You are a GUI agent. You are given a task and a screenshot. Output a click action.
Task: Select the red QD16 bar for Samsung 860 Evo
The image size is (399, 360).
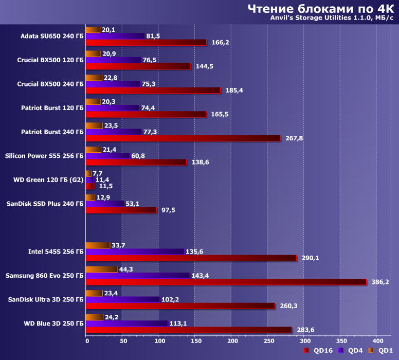(226, 282)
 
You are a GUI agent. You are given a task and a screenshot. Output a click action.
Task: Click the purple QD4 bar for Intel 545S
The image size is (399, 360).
(135, 251)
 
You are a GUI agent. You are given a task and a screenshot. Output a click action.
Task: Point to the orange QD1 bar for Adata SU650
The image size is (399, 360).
(93, 30)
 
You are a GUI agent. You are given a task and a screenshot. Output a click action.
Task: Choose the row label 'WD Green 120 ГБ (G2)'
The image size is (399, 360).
(48, 180)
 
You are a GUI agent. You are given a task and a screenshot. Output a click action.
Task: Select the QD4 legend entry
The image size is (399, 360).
(350, 351)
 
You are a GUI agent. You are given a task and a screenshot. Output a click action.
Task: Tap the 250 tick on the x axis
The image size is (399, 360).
(269, 341)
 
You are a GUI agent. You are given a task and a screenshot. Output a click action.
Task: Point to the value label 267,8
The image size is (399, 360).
(294, 138)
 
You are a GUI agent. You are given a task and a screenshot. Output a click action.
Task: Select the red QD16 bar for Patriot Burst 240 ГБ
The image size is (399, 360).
(183, 138)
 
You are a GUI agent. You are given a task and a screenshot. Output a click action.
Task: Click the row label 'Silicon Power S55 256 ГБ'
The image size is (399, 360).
(44, 156)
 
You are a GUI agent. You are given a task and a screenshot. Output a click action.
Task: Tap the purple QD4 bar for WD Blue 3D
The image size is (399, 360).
(127, 323)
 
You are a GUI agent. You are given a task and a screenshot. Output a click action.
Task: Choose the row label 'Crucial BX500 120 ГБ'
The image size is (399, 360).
(50, 60)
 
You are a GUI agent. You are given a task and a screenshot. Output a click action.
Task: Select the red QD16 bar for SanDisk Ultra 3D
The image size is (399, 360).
(180, 305)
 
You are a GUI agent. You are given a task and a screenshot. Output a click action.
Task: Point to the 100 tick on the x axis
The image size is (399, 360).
(159, 341)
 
